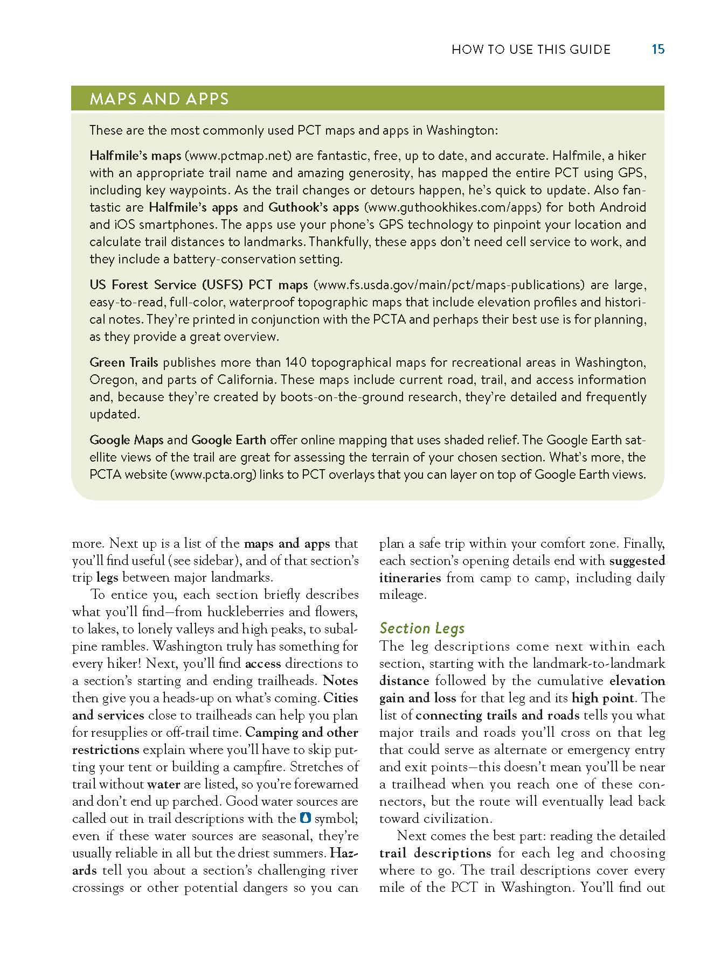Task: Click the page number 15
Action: pyautogui.click(x=658, y=50)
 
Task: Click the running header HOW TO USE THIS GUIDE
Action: pyautogui.click(x=531, y=50)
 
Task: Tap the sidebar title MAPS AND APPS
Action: pyautogui.click(x=159, y=99)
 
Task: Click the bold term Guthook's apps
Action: pyautogui.click(x=314, y=207)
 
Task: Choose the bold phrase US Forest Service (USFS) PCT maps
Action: pyautogui.click(x=198, y=285)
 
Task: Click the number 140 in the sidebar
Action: pyautogui.click(x=296, y=362)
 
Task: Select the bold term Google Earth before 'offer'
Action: pyautogui.click(x=228, y=440)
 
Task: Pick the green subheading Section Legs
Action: pyautogui.click(x=422, y=628)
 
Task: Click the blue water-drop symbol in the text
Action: pyautogui.click(x=305, y=818)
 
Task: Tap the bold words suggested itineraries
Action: pyautogui.click(x=637, y=561)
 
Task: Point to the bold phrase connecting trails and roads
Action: pyautogui.click(x=497, y=715)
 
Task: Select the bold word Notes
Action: pyautogui.click(x=341, y=681)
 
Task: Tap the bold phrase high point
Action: pyautogui.click(x=602, y=698)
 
